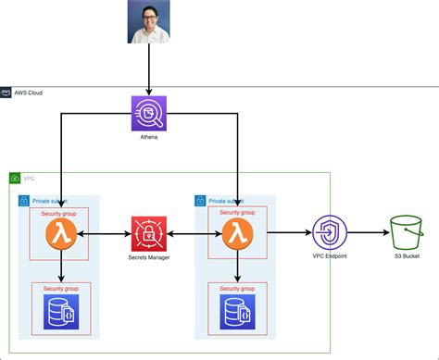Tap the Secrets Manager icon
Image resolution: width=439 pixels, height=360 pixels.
148,235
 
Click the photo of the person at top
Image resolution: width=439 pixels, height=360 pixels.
148,22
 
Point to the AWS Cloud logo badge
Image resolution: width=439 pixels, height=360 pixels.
6,93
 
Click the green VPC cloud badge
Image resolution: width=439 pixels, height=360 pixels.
15,177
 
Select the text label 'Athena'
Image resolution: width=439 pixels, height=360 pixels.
148,137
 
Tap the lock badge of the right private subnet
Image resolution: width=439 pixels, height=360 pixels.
200,200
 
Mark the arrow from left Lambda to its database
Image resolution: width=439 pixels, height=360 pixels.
61,268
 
